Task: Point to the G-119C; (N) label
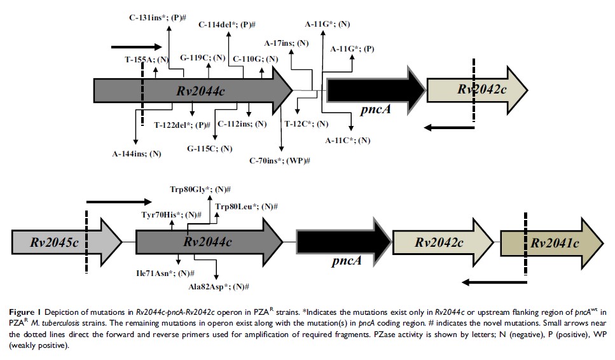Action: point(203,58)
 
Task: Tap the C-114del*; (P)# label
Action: point(227,24)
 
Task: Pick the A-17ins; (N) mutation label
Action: point(287,43)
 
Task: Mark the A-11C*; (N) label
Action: point(348,140)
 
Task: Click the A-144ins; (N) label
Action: point(137,153)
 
